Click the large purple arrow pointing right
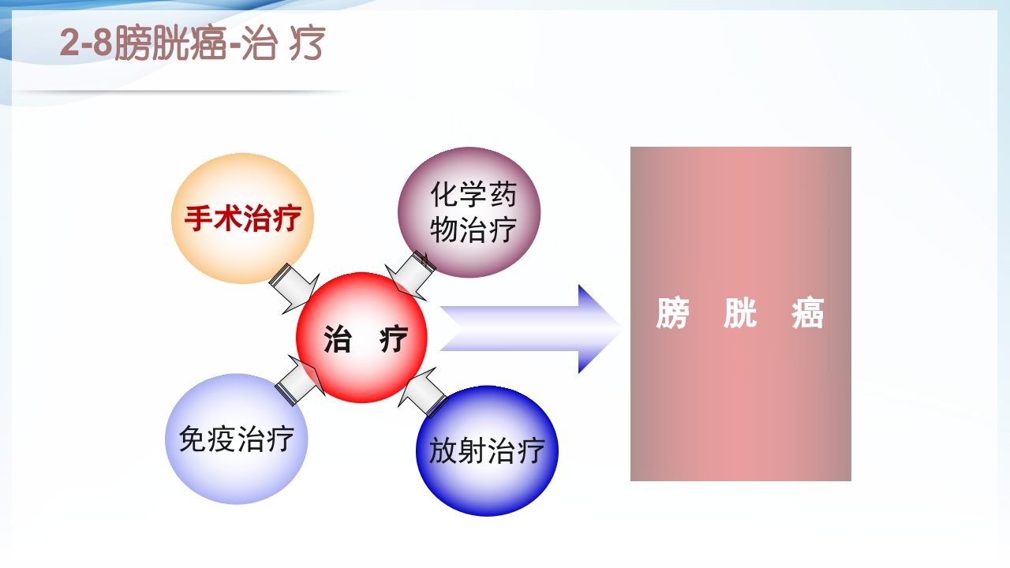coord(529,329)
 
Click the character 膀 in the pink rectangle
coord(672,314)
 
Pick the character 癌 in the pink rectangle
coord(808,314)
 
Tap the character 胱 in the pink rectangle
coord(740,314)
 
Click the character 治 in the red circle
coord(338,339)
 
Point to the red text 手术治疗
coord(242,219)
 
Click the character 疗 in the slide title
coord(307,44)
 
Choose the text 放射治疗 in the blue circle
coord(487,451)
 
